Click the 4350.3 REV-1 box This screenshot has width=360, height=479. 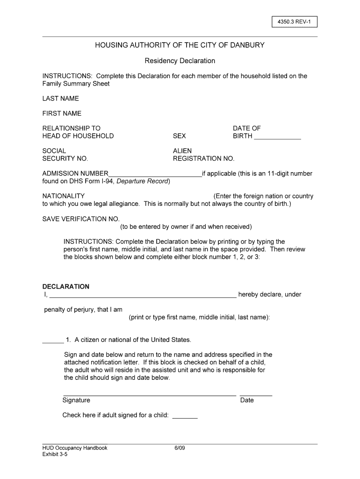point(295,22)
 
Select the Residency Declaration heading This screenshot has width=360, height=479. point(180,61)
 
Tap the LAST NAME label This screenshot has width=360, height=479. point(61,98)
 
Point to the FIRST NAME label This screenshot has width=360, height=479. point(62,113)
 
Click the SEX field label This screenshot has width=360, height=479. point(179,136)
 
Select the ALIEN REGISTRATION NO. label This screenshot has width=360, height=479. point(203,155)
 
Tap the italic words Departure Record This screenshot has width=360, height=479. point(143,181)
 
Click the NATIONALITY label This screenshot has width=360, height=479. point(64,196)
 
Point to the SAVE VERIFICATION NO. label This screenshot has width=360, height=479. point(81,219)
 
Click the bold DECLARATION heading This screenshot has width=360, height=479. point(66,286)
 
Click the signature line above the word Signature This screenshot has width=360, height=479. point(149,395)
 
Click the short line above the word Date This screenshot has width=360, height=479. point(256,395)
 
